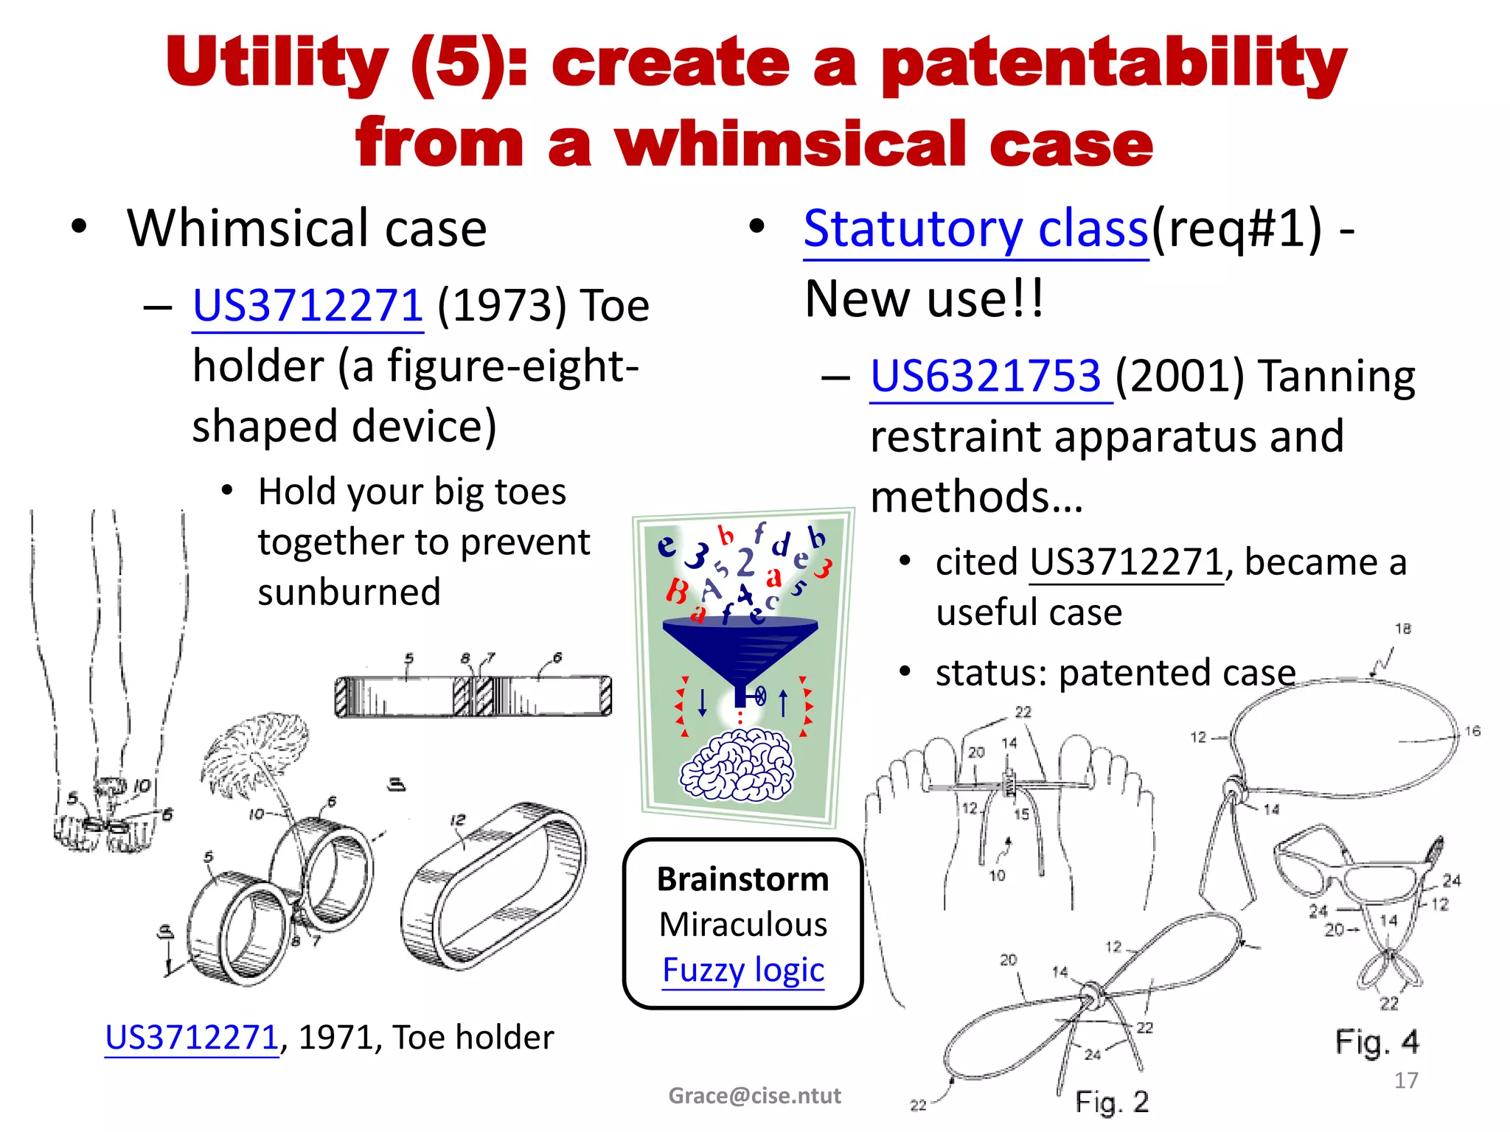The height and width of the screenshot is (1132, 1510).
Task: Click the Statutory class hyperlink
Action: (975, 229)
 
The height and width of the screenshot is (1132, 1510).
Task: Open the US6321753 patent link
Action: (986, 376)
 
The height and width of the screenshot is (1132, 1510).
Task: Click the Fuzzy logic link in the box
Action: (742, 970)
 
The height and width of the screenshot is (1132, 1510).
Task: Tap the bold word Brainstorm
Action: (742, 879)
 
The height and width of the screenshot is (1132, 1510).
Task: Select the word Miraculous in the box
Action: (742, 924)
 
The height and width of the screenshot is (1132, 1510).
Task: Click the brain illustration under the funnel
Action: (737, 764)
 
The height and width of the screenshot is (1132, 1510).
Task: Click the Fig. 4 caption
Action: (1376, 1042)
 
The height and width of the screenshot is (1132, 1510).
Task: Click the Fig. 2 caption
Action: (1111, 1102)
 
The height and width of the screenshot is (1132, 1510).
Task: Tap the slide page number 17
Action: (1405, 1080)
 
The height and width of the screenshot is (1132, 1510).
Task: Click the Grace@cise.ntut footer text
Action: (754, 1096)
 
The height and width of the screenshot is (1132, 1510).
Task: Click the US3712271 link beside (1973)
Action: (307, 306)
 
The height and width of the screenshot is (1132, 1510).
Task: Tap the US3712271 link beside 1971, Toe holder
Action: (192, 1038)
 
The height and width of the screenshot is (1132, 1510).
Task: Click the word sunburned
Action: (349, 592)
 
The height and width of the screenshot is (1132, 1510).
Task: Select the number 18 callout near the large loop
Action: (1402, 629)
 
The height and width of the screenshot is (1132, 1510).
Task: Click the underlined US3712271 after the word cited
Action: (1126, 563)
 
